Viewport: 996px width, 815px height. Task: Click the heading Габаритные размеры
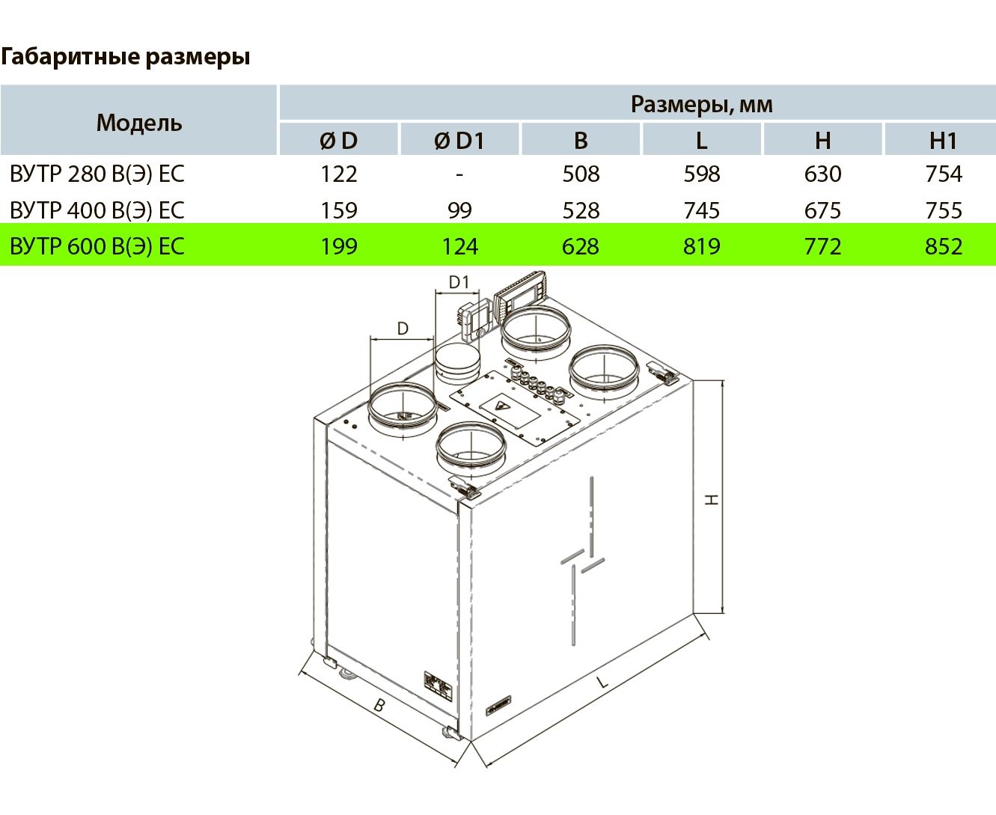point(125,57)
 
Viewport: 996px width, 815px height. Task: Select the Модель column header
point(139,123)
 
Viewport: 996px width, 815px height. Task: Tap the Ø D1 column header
point(459,141)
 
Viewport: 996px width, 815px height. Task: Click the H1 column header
point(943,141)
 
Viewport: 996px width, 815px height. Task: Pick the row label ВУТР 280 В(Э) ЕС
point(97,174)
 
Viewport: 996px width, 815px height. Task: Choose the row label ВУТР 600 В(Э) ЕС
point(97,246)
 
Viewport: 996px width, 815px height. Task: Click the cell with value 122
point(339,174)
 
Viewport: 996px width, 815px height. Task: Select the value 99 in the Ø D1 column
point(459,210)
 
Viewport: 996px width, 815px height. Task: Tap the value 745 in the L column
point(702,210)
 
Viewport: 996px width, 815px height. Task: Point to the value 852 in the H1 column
point(944,247)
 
